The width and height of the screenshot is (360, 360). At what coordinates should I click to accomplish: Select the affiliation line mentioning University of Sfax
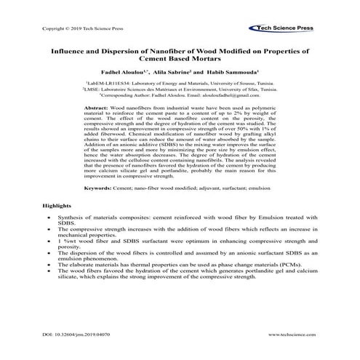[x=180, y=92]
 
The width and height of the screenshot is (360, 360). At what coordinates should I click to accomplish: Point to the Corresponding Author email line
[x=180, y=100]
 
